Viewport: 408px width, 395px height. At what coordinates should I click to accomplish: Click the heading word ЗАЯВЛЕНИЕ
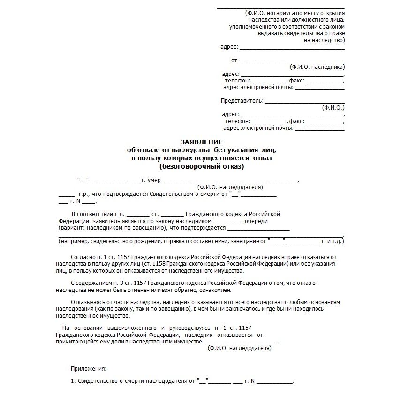point(202,142)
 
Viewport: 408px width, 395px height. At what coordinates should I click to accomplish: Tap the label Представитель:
point(242,101)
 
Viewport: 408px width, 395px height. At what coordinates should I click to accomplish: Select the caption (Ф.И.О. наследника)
point(317,67)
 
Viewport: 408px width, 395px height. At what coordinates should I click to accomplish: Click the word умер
point(154,180)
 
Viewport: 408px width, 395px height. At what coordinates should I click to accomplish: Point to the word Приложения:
point(89,369)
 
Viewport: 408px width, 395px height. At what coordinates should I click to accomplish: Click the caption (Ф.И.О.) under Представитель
point(333,107)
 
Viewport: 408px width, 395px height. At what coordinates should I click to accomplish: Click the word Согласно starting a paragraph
point(83,258)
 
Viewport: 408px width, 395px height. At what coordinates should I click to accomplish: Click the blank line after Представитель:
point(305,101)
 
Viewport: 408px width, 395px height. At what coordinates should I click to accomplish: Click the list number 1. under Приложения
point(73,381)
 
